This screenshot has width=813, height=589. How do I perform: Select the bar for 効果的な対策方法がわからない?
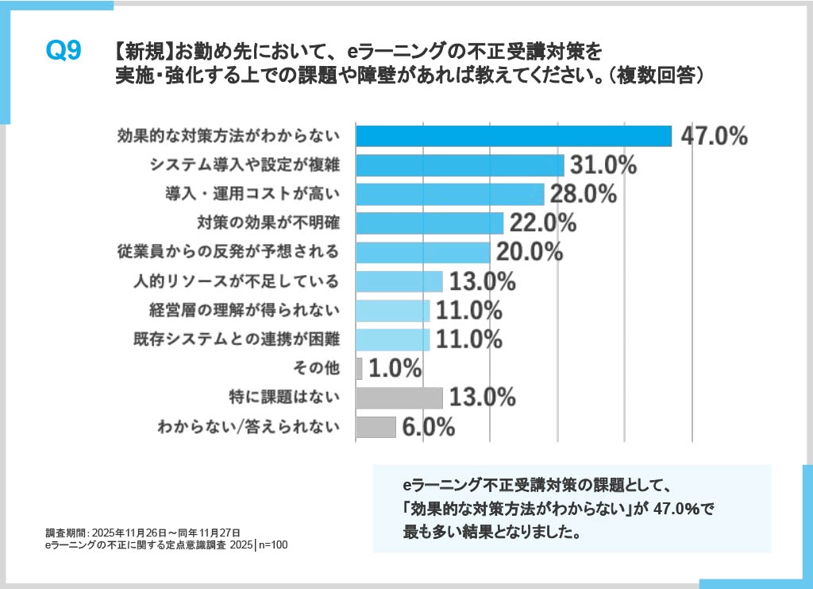tap(513, 136)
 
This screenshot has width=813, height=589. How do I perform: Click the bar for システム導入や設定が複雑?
tap(460, 165)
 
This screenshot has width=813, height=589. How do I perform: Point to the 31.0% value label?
tap(603, 165)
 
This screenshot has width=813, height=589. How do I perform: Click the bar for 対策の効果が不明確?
tap(430, 223)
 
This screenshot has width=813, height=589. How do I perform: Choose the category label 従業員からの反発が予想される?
tap(228, 252)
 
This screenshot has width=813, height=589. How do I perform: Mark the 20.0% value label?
tap(529, 252)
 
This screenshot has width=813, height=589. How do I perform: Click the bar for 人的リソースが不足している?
tap(399, 281)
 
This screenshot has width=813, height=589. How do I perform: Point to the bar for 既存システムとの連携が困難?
tap(392, 339)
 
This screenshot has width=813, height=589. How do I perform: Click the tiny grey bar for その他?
tap(359, 368)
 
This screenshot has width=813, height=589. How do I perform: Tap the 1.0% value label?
tap(395, 368)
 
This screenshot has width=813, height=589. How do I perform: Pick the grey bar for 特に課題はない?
tap(399, 397)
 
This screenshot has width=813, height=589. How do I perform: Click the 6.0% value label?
tap(429, 427)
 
